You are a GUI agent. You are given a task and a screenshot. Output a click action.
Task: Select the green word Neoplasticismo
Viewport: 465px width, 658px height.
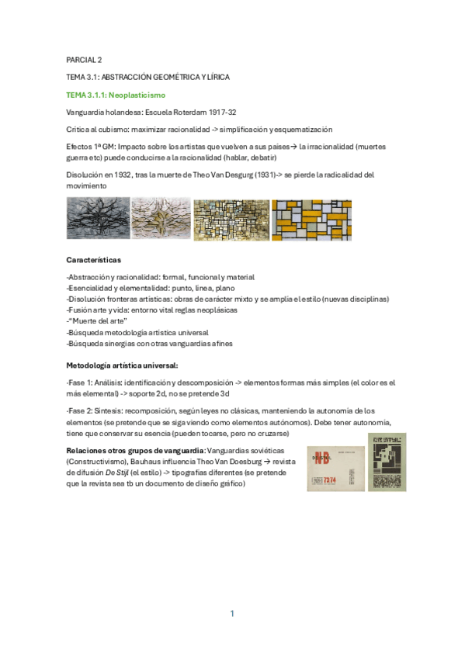(131, 95)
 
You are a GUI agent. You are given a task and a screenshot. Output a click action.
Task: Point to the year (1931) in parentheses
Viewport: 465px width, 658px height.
(272, 175)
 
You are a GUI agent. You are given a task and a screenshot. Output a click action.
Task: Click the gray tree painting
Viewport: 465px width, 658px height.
(98, 219)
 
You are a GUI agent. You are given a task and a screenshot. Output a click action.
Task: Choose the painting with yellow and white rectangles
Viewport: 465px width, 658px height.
(311, 220)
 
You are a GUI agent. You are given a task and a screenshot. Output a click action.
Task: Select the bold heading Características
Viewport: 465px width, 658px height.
(93, 259)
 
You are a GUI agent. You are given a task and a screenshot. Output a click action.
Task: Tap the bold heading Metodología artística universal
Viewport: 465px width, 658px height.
(123, 364)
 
